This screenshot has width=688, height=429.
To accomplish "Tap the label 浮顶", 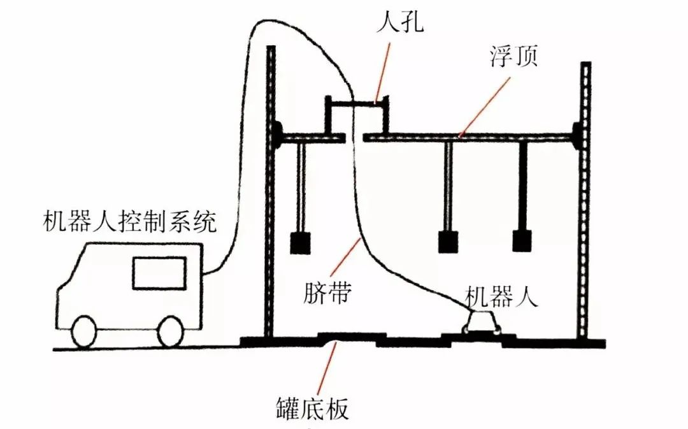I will click(514, 59).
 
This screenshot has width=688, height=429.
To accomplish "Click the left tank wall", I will click(271, 191).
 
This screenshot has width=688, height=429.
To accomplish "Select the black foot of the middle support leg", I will click(448, 242).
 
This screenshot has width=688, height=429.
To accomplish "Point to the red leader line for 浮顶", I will click(484, 105).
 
